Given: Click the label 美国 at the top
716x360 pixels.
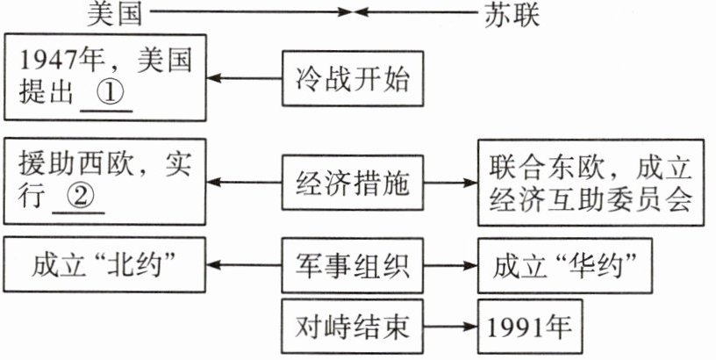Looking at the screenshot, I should point(117,13).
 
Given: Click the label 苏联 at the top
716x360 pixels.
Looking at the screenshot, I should point(512,13).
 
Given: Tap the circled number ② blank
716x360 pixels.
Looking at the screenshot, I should point(78,198).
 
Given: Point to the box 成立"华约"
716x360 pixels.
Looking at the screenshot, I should point(564,263).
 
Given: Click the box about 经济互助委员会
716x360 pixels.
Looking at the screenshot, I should point(591,184).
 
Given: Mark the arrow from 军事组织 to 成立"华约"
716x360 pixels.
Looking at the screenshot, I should point(452,263).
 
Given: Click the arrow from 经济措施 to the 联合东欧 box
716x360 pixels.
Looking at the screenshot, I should point(452,184).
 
